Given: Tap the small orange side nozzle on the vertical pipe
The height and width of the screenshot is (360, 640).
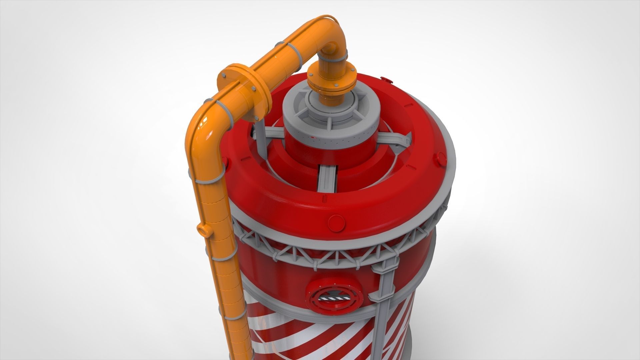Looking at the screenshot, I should click(203, 230).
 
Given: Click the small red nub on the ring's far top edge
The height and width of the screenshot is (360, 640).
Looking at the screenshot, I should click(387, 79).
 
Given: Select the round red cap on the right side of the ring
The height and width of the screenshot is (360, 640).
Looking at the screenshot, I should click(441, 159).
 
